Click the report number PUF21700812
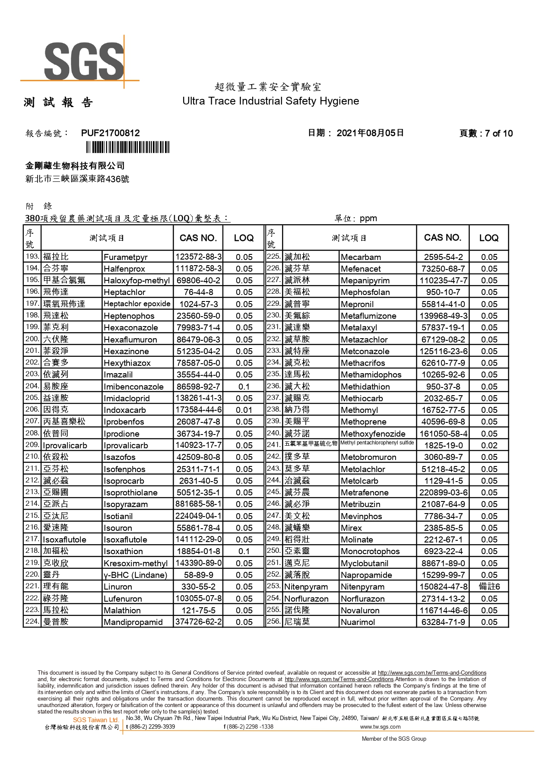coord(110,133)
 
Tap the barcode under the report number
coord(127,148)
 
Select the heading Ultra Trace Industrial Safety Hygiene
coord(270,101)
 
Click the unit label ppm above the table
coord(368,219)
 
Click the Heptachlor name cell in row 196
coord(124,292)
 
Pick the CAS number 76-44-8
coord(198,292)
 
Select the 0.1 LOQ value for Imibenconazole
coord(244,387)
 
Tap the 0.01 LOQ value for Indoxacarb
coord(244,410)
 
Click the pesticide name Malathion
coord(122,610)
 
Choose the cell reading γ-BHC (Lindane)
coord(135,575)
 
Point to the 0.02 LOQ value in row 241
coord(489,445)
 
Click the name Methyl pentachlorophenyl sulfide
coord(377,443)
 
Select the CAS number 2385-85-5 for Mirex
coord(443,528)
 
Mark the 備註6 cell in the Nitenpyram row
coord(489,587)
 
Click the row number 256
coord(273,622)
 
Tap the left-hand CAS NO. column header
coord(198,238)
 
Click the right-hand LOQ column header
coord(488,238)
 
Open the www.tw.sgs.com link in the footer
coord(380,727)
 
